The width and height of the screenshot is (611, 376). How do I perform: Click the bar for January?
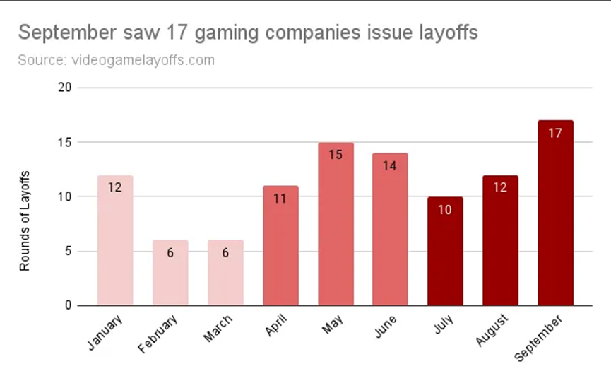coord(115,240)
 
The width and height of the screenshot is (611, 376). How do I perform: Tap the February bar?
coord(170,273)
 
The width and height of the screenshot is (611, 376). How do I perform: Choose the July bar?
coord(445,252)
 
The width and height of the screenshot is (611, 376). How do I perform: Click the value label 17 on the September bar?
coord(555,133)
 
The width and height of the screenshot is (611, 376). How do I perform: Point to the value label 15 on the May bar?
coord(336,155)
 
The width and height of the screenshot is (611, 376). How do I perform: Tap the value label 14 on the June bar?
coord(390,165)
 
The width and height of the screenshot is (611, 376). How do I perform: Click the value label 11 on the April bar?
coord(280,199)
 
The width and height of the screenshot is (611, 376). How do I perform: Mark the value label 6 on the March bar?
coord(225,253)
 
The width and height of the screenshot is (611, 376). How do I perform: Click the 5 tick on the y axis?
coord(69,251)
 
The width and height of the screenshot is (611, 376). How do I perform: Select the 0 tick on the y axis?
coord(69,305)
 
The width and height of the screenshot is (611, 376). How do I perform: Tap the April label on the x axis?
coord(274,326)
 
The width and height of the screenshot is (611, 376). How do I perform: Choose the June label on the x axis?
coord(384,326)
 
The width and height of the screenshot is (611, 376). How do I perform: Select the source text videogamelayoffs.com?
coord(143,60)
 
